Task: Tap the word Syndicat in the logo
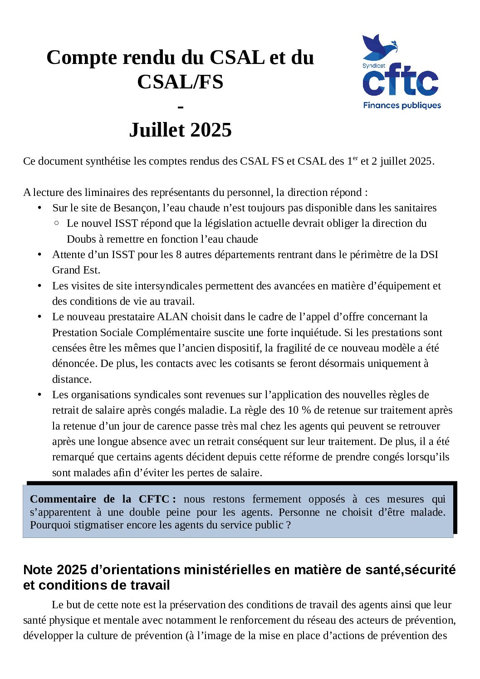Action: [373, 66]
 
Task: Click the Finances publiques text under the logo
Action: [402, 105]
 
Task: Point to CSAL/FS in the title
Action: [180, 82]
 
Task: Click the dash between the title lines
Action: [181, 107]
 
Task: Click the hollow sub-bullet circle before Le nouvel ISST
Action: [56, 223]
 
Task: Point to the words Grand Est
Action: [76, 270]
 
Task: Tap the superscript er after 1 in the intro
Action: [355, 158]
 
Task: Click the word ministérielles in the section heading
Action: [225, 570]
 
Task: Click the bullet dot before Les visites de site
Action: [40, 286]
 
